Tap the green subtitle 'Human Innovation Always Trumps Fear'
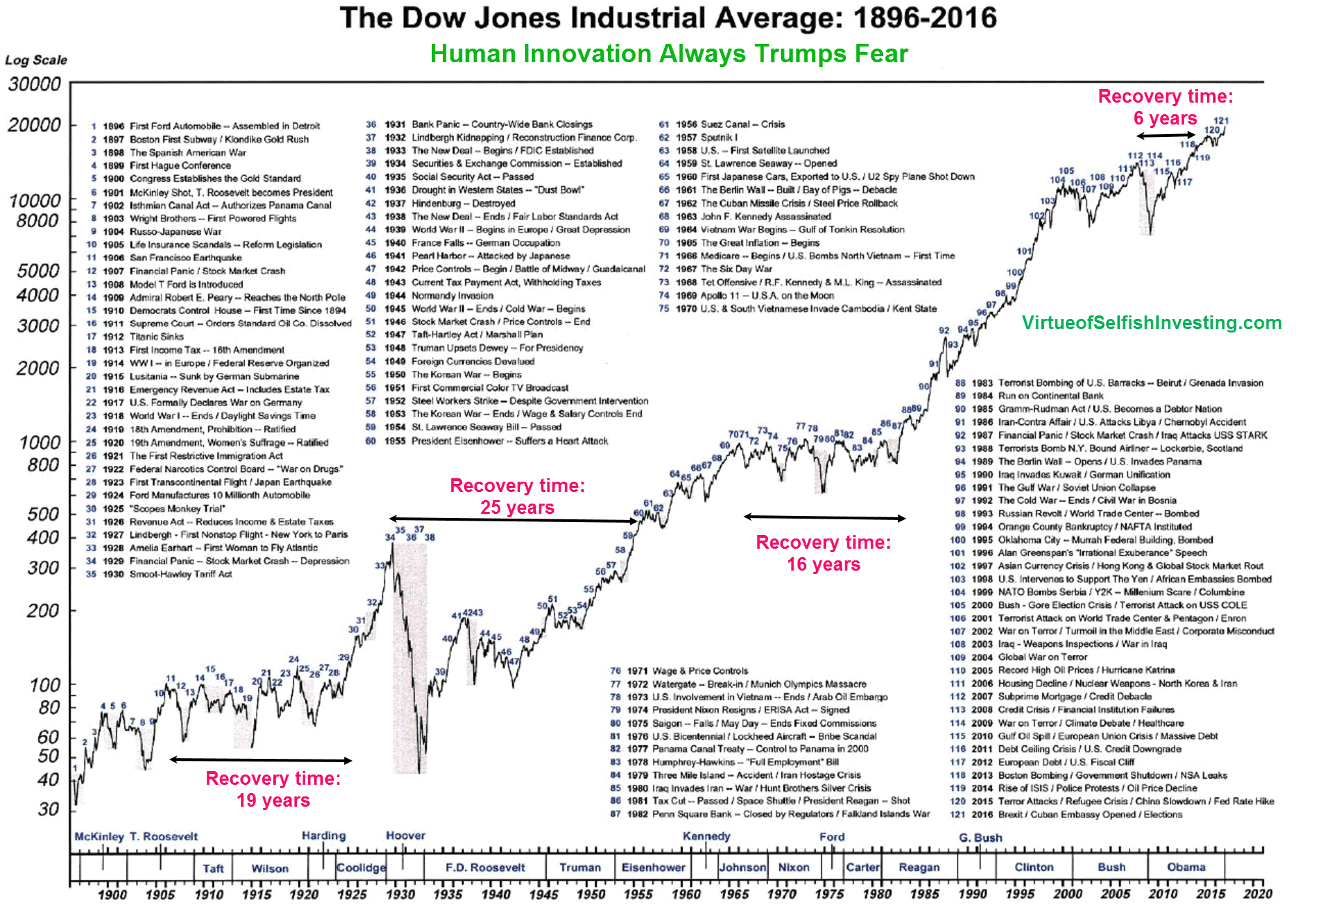(x=669, y=54)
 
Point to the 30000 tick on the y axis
(x=34, y=84)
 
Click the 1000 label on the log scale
(x=40, y=442)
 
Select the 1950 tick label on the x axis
(x=591, y=894)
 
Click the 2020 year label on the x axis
(x=1257, y=894)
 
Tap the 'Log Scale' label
(x=36, y=60)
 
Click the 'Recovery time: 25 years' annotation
(x=517, y=496)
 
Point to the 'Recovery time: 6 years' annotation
(x=1165, y=107)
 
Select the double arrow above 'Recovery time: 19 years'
(x=261, y=759)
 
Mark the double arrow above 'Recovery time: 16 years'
(x=825, y=517)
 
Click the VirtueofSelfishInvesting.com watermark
(x=1151, y=323)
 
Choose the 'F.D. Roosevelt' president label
(x=485, y=868)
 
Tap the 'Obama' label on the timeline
(x=1186, y=867)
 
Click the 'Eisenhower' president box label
(x=653, y=868)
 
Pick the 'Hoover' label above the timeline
(x=405, y=835)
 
